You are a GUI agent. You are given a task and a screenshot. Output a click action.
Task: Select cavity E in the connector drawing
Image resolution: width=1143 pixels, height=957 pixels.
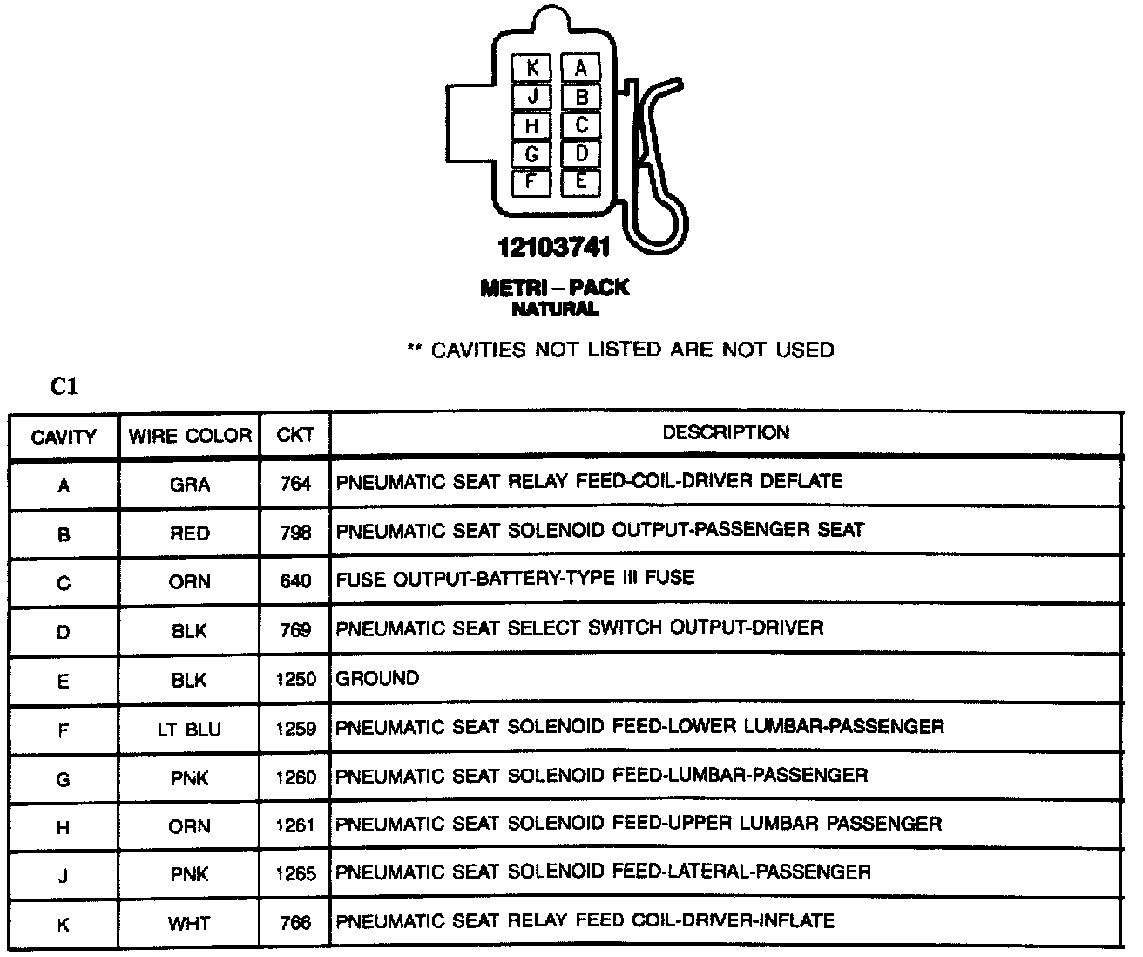click(x=581, y=182)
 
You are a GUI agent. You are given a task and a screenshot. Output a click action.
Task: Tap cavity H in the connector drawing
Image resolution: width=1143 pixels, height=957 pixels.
click(x=532, y=126)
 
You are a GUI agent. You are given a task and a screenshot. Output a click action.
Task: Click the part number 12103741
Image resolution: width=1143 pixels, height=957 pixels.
click(x=554, y=248)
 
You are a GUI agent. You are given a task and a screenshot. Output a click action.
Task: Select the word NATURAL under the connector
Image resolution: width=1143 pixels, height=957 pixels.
click(x=555, y=309)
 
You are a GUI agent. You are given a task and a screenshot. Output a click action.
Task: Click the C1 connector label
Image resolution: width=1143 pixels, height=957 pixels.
click(x=64, y=387)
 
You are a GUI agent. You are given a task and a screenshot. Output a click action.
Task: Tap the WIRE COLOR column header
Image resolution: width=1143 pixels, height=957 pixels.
click(x=190, y=436)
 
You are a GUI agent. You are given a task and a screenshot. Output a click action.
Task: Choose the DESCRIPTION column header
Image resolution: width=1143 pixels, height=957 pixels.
click(x=726, y=433)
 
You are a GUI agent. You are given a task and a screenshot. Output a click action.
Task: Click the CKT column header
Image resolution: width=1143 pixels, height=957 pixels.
click(x=295, y=435)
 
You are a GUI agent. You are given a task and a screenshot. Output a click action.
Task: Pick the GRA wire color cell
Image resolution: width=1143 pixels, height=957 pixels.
click(x=190, y=485)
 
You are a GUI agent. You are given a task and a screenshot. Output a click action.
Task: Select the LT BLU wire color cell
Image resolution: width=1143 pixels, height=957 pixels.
click(x=190, y=730)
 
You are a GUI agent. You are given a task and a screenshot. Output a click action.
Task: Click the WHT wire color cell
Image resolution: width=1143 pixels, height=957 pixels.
click(x=190, y=923)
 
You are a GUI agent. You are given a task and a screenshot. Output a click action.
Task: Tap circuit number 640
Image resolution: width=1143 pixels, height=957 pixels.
click(x=295, y=581)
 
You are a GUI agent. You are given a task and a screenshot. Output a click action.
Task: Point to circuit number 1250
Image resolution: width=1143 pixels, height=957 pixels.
click(x=295, y=679)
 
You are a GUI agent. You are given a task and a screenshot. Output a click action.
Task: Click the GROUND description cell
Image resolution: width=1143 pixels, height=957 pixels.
click(x=377, y=678)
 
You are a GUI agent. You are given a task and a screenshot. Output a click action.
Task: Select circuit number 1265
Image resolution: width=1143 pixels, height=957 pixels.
click(x=295, y=873)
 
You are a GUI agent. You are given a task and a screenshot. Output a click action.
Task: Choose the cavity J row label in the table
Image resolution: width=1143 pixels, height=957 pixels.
click(x=64, y=874)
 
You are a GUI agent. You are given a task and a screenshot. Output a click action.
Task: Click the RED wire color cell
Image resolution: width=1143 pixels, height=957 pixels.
click(x=190, y=533)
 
